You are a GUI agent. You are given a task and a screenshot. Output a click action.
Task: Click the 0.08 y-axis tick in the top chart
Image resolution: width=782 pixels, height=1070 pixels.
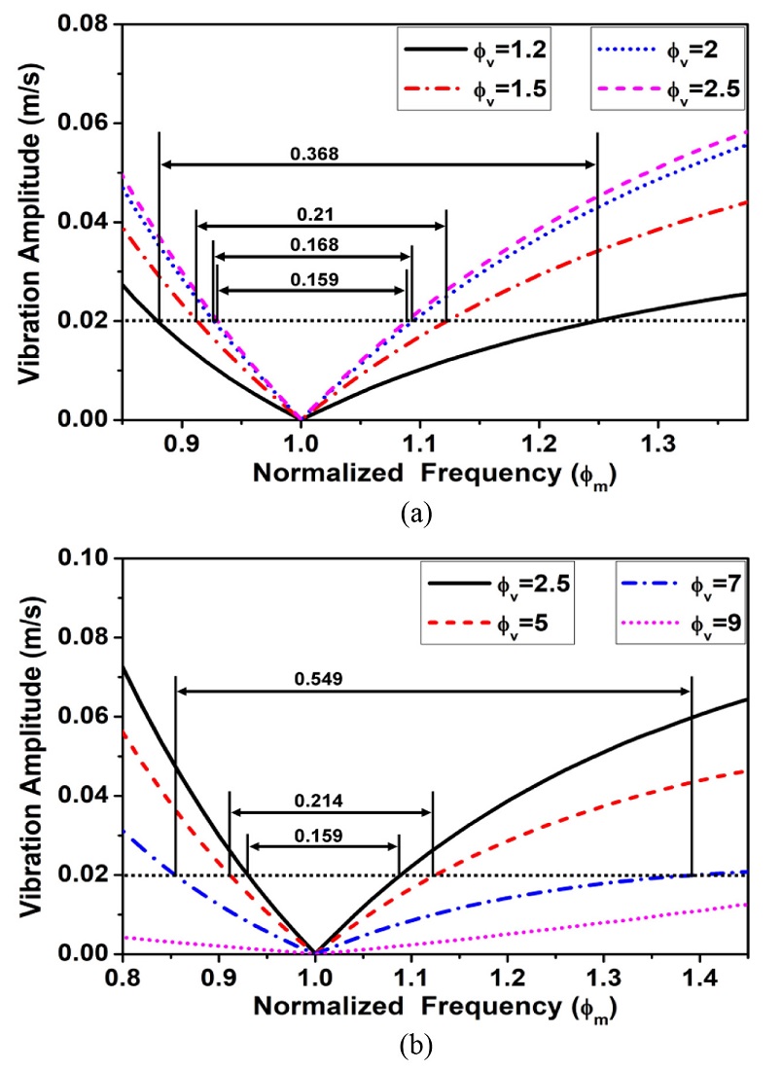[88, 24]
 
